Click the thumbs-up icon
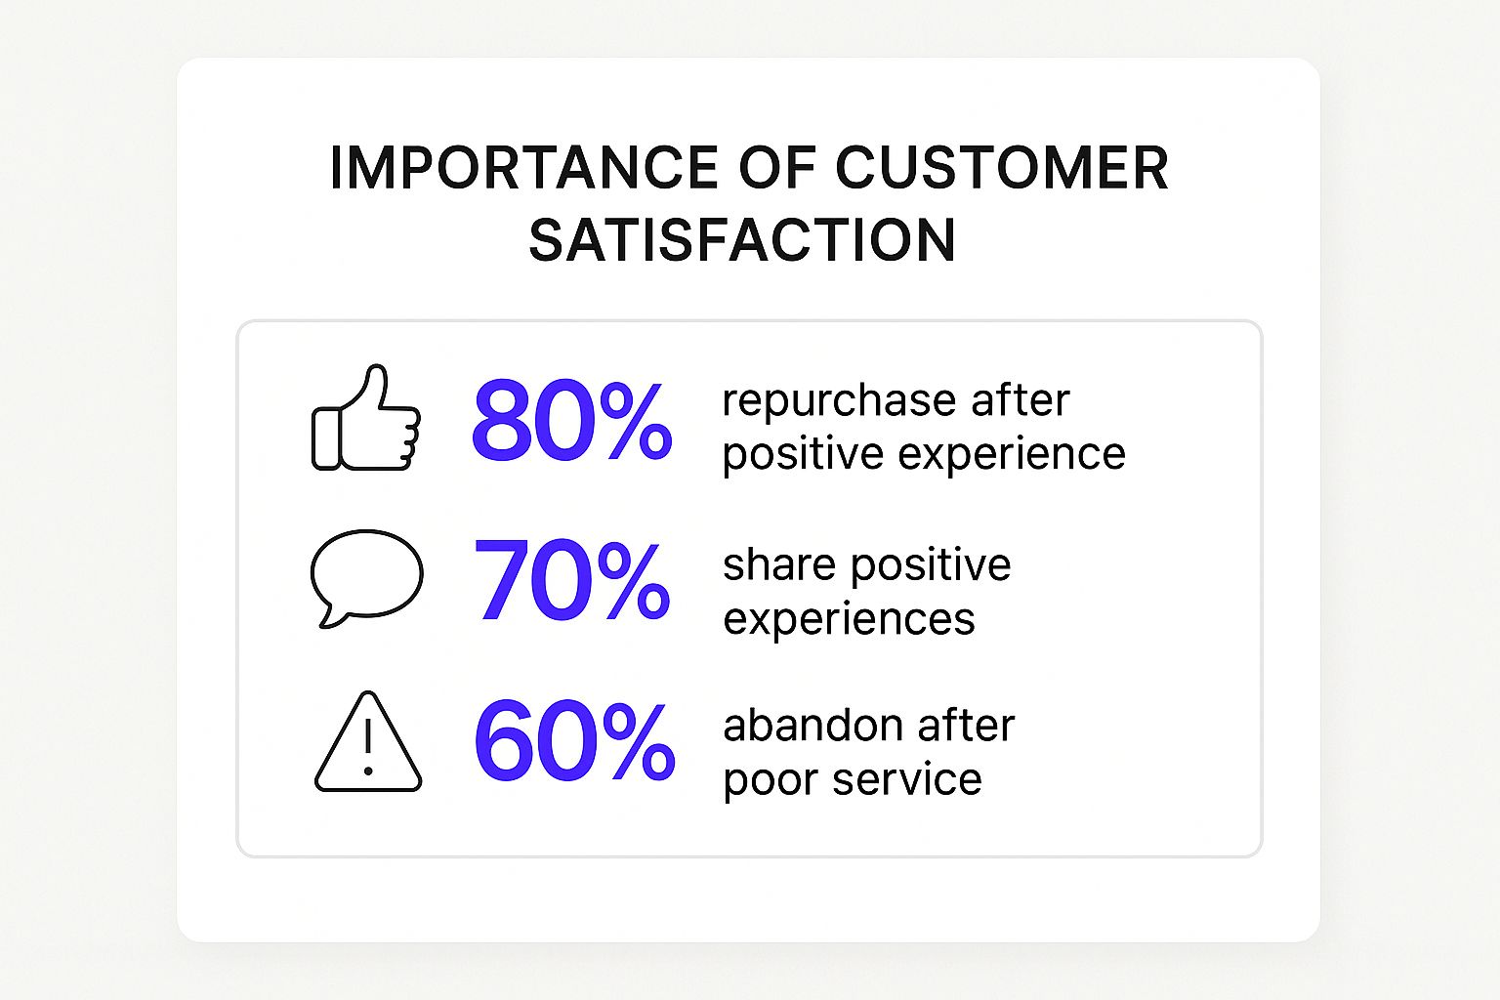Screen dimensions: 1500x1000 pos(366,418)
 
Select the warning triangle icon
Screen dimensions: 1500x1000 pos(367,742)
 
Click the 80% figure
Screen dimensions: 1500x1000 pos(571,420)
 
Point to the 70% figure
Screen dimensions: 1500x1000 pos(571,581)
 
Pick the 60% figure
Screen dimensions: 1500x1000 pos(574,740)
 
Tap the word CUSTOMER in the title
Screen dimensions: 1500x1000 pos(1002,167)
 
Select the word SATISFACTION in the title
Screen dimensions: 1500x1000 pos(742,240)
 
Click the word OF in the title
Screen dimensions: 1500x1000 pos(777,167)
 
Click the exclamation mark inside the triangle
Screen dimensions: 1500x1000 pos(367,747)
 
